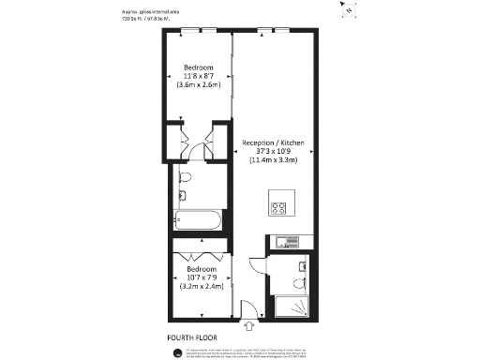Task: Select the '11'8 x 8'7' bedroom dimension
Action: point(198,76)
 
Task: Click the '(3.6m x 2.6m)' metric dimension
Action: point(198,84)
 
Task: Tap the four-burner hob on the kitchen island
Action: point(279,208)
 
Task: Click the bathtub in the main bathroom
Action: point(198,222)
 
